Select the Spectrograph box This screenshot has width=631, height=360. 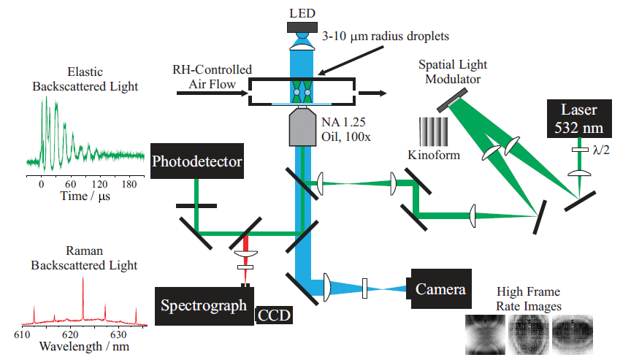tap(204, 306)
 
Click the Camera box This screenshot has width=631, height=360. tap(440, 289)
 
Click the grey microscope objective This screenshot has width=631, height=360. tap(301, 126)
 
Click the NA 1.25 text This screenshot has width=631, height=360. tap(341, 120)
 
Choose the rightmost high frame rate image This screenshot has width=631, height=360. tap(573, 333)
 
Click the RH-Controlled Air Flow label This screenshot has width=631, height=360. tap(213, 75)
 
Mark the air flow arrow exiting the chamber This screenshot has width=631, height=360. tap(372, 93)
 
